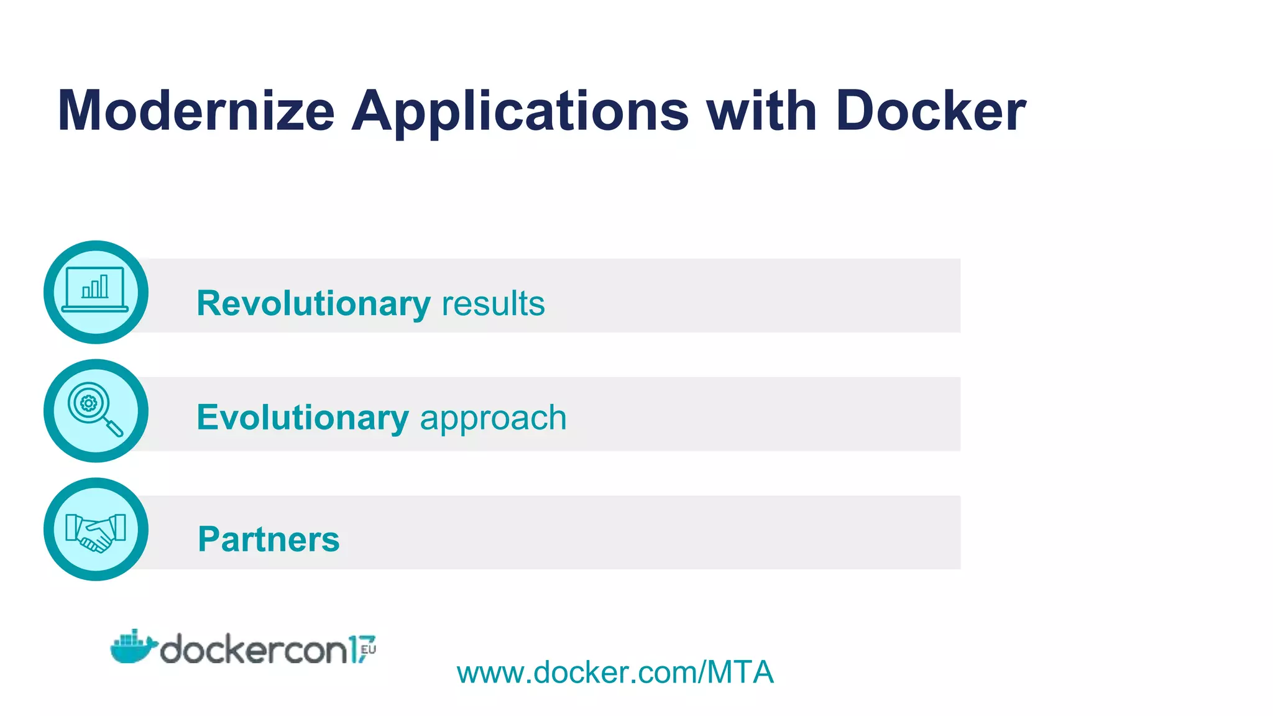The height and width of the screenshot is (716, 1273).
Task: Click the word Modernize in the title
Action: coord(196,111)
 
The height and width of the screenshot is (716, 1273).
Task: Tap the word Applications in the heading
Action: coord(520,112)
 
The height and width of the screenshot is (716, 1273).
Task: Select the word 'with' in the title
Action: coord(761,111)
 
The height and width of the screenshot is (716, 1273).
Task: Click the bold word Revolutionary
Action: coord(313,304)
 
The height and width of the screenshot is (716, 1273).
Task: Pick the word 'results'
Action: coord(493,304)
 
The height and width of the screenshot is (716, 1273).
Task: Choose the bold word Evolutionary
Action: coord(303,418)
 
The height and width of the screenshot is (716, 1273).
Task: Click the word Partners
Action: coord(269,539)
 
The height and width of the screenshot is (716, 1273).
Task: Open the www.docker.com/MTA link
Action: coord(615,672)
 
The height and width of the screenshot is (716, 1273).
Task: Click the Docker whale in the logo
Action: coord(132,647)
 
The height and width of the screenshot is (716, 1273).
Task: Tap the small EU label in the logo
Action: coord(369,650)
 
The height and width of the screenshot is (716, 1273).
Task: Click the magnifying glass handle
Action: coord(114,428)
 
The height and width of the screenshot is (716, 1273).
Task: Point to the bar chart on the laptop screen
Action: coord(95,287)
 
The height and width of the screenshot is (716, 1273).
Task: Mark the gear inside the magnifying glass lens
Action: coord(89,403)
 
